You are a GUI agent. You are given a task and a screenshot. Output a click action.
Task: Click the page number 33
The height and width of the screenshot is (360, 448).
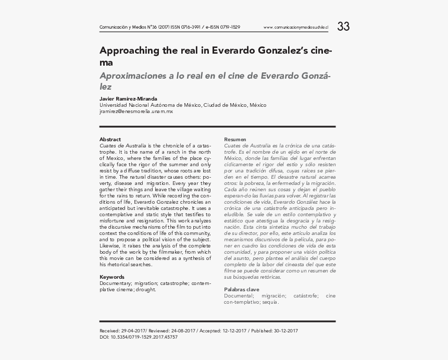pyautogui.click(x=343, y=27)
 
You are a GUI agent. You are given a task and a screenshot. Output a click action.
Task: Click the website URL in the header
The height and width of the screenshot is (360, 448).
pyautogui.click(x=296, y=27)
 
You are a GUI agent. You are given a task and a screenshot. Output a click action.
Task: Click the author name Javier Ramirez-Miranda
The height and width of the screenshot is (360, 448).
pyautogui.click(x=128, y=99)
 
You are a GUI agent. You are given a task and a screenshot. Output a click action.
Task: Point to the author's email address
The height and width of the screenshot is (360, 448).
pyautogui.click(x=136, y=111)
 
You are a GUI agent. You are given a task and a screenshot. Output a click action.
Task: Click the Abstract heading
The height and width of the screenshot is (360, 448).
pyautogui.click(x=110, y=140)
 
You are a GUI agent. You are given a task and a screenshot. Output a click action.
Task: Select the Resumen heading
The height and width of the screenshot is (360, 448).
pyautogui.click(x=235, y=140)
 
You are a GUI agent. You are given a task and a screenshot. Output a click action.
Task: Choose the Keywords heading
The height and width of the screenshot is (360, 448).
pyautogui.click(x=112, y=277)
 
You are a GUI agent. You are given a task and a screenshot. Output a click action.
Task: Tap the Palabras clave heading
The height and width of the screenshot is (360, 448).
pyautogui.click(x=242, y=290)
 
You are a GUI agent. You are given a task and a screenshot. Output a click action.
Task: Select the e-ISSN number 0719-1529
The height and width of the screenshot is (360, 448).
pyautogui.click(x=229, y=27)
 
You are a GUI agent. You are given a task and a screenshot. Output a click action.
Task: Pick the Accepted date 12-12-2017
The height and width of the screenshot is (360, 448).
pyautogui.click(x=234, y=331)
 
